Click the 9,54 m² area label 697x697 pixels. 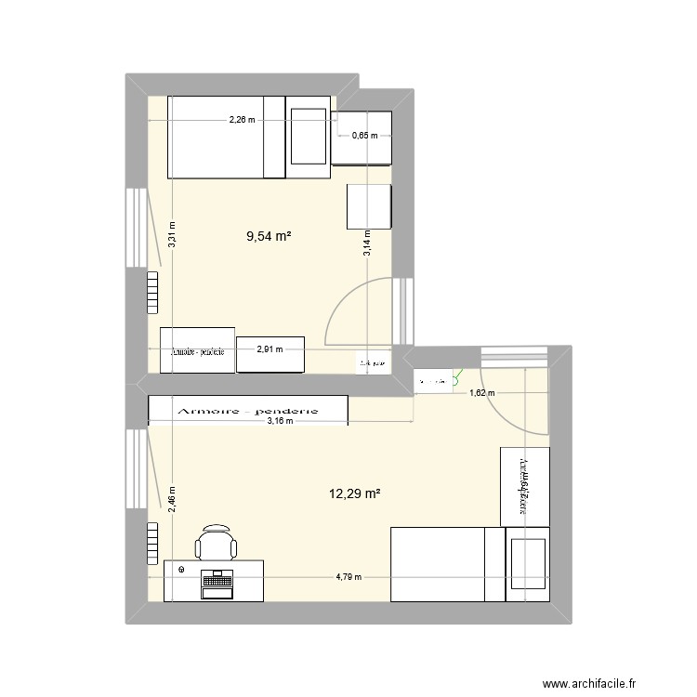268,237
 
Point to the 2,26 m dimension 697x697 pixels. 243,120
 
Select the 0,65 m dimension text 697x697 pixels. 364,136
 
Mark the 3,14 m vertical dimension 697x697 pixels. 367,243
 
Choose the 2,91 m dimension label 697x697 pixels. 270,350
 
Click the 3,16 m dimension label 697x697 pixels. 280,421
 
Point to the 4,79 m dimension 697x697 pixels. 349,576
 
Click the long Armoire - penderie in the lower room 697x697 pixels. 248,409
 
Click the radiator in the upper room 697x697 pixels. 151,295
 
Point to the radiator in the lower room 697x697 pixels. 151,543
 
